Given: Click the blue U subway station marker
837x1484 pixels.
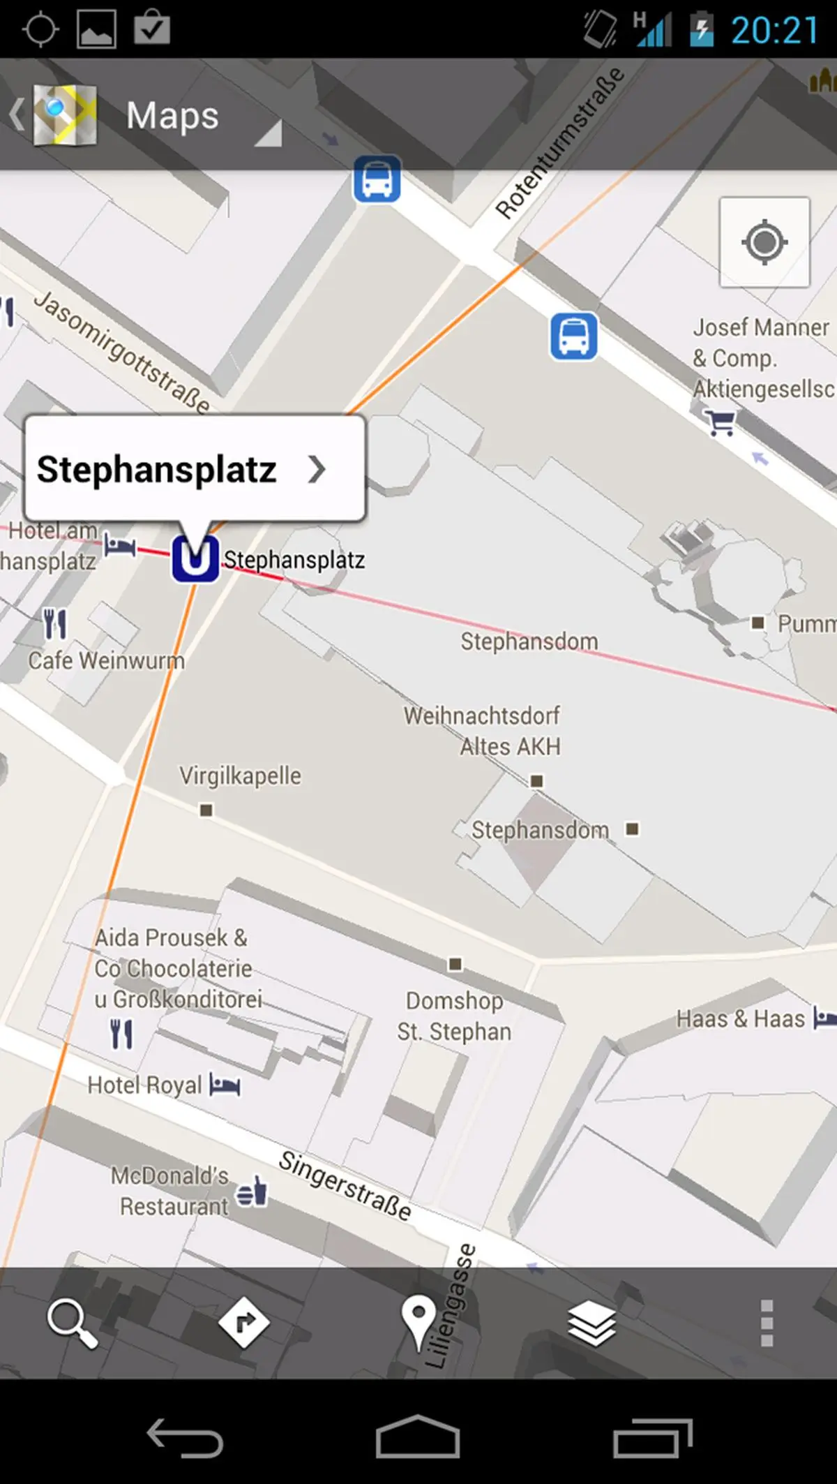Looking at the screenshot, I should tap(195, 558).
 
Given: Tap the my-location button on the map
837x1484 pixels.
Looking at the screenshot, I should tap(764, 242).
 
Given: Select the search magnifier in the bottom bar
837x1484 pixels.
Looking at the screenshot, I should tap(72, 1323).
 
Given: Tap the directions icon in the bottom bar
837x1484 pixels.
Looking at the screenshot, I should tap(243, 1323).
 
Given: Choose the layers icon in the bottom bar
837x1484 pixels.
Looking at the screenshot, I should tap(591, 1323).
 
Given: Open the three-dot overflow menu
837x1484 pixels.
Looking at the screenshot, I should tap(767, 1323).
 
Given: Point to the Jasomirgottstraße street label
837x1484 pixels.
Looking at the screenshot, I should tap(122, 352).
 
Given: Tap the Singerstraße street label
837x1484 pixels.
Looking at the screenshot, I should tap(345, 1185).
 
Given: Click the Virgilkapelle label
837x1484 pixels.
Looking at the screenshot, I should tap(240, 776).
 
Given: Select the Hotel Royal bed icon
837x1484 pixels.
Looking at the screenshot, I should tap(225, 1085).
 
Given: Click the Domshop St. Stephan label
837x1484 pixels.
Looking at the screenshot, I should tap(454, 1016).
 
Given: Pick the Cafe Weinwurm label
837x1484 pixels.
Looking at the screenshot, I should tap(106, 660).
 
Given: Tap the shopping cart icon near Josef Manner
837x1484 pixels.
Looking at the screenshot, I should tap(720, 422).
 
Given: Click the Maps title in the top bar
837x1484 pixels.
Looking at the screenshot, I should tap(172, 115).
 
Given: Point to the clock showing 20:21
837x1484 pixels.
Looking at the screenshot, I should tap(774, 31).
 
